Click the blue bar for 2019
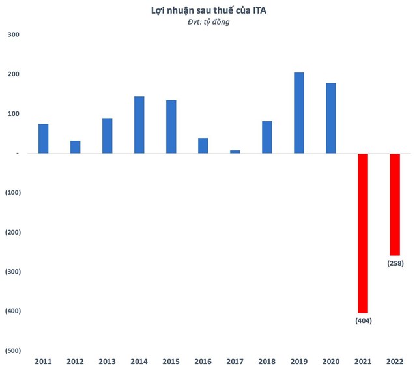(299, 113)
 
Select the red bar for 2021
(363, 233)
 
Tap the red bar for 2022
(395, 205)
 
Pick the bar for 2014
(139, 125)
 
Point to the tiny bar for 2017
(235, 152)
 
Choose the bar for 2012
(76, 147)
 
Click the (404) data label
(363, 321)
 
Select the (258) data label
(395, 263)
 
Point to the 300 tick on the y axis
(13, 35)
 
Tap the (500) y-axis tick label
(13, 350)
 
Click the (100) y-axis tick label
(13, 193)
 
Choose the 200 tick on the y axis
(13, 74)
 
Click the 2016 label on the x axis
(203, 361)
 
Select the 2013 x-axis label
(108, 361)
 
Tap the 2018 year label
(267, 361)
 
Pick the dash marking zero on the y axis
(18, 154)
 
